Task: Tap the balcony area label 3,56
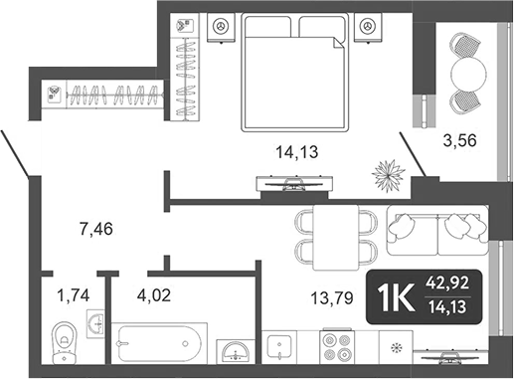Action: pyautogui.click(x=459, y=139)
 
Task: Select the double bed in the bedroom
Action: pyautogui.click(x=287, y=78)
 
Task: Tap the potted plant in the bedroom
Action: pyautogui.click(x=388, y=176)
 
